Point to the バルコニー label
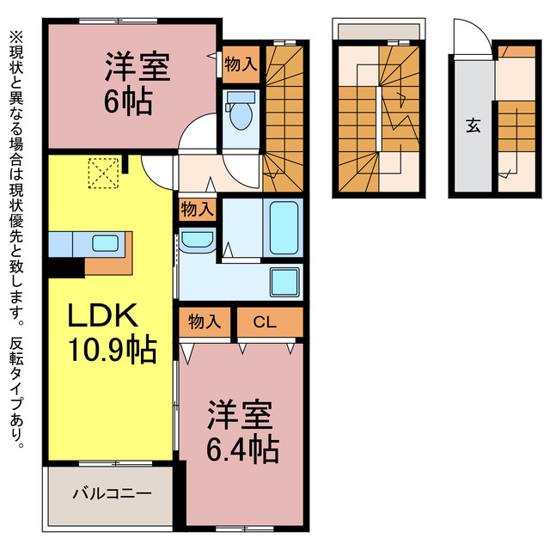[x=112, y=494]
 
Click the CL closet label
[x=265, y=322]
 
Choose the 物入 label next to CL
[x=205, y=322]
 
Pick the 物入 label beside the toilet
[x=240, y=63]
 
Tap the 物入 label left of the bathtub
[x=198, y=209]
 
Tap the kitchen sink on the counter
[x=105, y=243]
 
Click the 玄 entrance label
[x=473, y=125]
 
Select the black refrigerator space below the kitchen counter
[x=64, y=267]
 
